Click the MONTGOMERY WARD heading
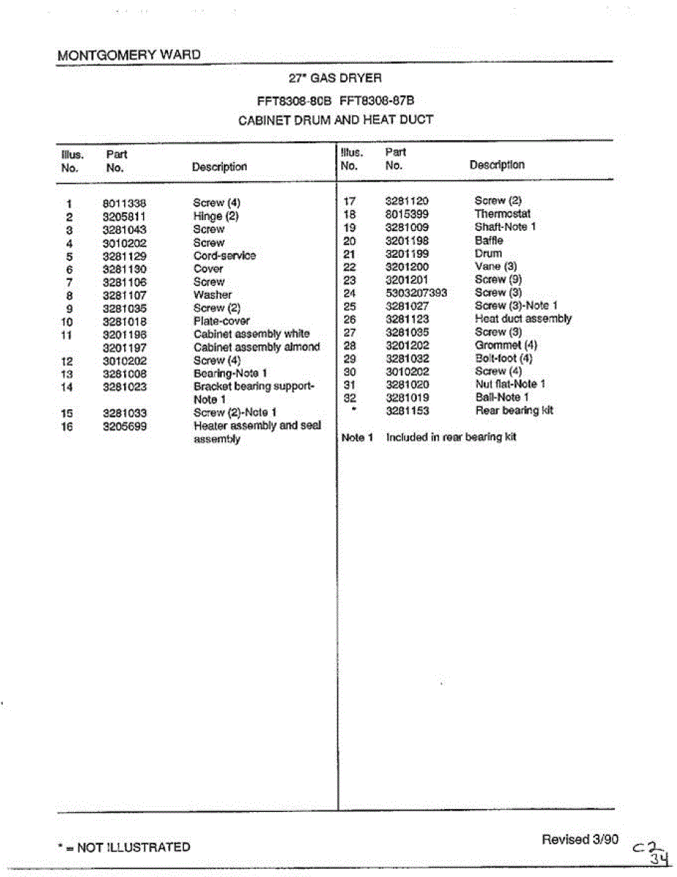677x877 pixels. tap(128, 55)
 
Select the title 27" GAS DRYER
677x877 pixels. tap(335, 77)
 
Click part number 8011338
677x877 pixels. tap(124, 203)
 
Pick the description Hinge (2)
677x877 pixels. tap(215, 216)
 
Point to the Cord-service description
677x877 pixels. tap(224, 256)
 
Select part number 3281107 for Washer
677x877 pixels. tap(124, 295)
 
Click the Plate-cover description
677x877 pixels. tap(221, 322)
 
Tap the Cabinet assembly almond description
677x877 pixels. tap(256, 347)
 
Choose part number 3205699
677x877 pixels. tap(124, 426)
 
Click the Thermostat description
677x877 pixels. tap(502, 214)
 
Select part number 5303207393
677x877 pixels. tap(416, 293)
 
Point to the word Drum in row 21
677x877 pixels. tap(488, 254)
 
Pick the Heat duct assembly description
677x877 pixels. tap(523, 319)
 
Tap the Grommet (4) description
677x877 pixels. tap(506, 345)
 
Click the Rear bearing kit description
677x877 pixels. tap(514, 411)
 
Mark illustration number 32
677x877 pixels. tap(349, 398)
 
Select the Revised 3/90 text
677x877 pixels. tap(579, 839)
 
